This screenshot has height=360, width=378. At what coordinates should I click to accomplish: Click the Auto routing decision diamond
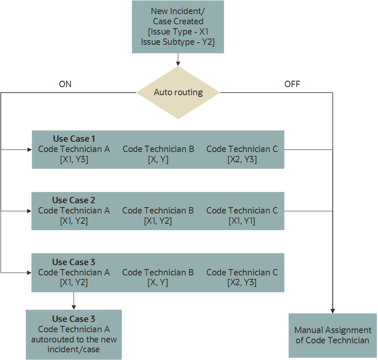point(178,92)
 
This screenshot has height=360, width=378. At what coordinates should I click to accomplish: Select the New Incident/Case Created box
point(178,27)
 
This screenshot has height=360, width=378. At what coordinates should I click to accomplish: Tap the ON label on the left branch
point(65,84)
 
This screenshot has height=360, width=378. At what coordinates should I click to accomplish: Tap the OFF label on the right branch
point(292,84)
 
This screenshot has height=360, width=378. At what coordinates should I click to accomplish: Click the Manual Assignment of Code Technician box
point(332,335)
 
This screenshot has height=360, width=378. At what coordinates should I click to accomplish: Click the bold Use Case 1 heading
point(74,139)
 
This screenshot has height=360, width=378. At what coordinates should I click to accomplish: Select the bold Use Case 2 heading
point(73,200)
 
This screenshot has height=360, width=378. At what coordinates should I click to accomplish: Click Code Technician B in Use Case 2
point(158,211)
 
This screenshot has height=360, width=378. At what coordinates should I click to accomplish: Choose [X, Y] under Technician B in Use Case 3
point(158,282)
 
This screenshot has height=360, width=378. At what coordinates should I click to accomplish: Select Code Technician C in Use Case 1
point(242,149)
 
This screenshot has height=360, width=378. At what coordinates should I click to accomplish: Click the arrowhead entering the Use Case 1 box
point(30,149)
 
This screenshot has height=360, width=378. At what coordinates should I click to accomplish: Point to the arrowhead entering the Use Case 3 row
point(29,272)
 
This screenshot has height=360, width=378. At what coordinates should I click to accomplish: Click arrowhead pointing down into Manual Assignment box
point(332,311)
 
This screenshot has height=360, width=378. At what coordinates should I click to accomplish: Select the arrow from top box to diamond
point(178,60)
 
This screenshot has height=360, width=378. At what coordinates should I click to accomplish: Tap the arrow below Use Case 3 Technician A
point(74,301)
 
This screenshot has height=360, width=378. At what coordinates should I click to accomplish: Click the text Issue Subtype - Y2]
point(178,42)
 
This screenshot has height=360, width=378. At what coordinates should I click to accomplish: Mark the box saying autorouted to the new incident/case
point(74,334)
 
